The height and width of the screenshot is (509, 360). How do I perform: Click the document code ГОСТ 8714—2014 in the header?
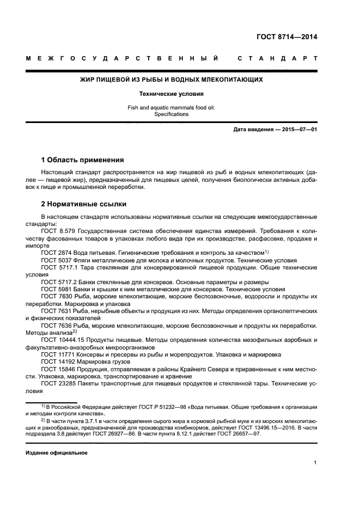(x=286, y=38)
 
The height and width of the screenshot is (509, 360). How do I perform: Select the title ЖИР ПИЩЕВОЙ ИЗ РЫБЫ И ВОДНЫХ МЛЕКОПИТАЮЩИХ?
(x=172, y=79)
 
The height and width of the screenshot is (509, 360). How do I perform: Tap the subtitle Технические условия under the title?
(x=172, y=94)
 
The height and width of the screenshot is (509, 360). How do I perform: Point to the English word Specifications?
(x=172, y=114)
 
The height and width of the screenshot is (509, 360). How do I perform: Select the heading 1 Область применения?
(x=83, y=160)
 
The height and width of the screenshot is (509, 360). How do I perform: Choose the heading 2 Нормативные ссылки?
(x=84, y=204)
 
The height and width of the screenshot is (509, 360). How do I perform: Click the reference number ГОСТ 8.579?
(x=59, y=231)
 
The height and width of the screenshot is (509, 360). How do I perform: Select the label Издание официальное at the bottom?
(x=56, y=453)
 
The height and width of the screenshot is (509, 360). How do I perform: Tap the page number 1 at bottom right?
(x=315, y=463)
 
